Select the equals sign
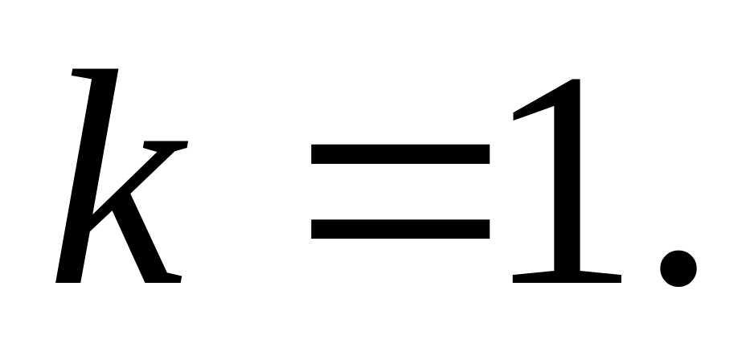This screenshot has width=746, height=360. point(400,190)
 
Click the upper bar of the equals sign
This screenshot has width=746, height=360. point(400,153)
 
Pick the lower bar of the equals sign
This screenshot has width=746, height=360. point(400,228)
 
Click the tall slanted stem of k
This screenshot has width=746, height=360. point(89,177)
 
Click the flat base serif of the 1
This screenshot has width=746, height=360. point(568,276)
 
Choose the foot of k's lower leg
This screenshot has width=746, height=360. point(164,278)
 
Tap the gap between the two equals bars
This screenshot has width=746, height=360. point(400,191)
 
